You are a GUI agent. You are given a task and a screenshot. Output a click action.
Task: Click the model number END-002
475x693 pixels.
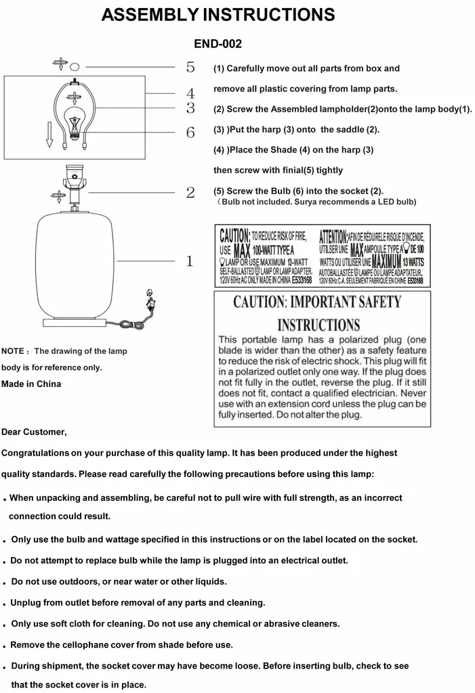click(x=218, y=43)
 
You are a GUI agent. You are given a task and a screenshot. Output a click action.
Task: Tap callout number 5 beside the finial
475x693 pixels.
click(x=190, y=67)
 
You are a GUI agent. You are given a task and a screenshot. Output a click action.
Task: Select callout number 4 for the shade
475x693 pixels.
click(x=190, y=93)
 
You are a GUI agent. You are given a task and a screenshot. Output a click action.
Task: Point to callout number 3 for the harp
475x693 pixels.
click(x=190, y=108)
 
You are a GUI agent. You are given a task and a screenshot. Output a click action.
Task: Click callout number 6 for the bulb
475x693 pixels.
click(x=190, y=132)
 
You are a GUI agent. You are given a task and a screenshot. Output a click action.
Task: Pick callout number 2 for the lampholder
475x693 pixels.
click(x=190, y=193)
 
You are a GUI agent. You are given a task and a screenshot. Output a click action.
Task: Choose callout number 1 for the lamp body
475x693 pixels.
click(x=190, y=261)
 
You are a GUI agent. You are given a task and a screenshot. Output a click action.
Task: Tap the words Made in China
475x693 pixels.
click(x=31, y=384)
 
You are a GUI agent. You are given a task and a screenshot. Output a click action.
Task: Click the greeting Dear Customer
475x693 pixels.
click(x=35, y=431)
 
